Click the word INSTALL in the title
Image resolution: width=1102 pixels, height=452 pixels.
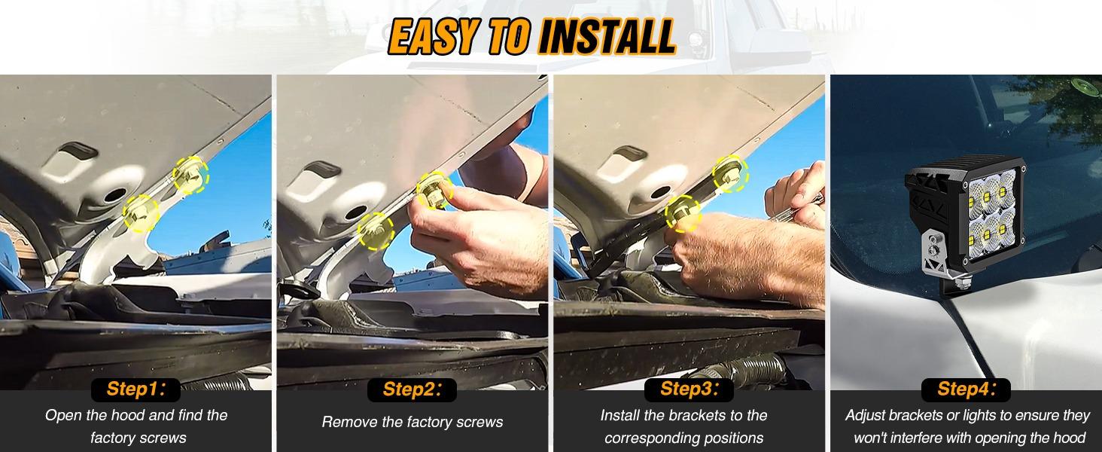coord(606,35)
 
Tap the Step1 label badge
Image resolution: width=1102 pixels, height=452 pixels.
coord(135,389)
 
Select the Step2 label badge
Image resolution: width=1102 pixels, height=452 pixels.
coord(412,389)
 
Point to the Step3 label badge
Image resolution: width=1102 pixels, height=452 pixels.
coord(688,389)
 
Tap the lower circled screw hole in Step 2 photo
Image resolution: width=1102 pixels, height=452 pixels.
coord(376,230)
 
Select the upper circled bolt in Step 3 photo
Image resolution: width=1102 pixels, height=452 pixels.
coord(726,174)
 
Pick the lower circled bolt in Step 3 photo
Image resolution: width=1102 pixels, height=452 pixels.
coord(683,212)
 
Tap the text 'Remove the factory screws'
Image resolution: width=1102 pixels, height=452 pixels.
coord(412,423)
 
